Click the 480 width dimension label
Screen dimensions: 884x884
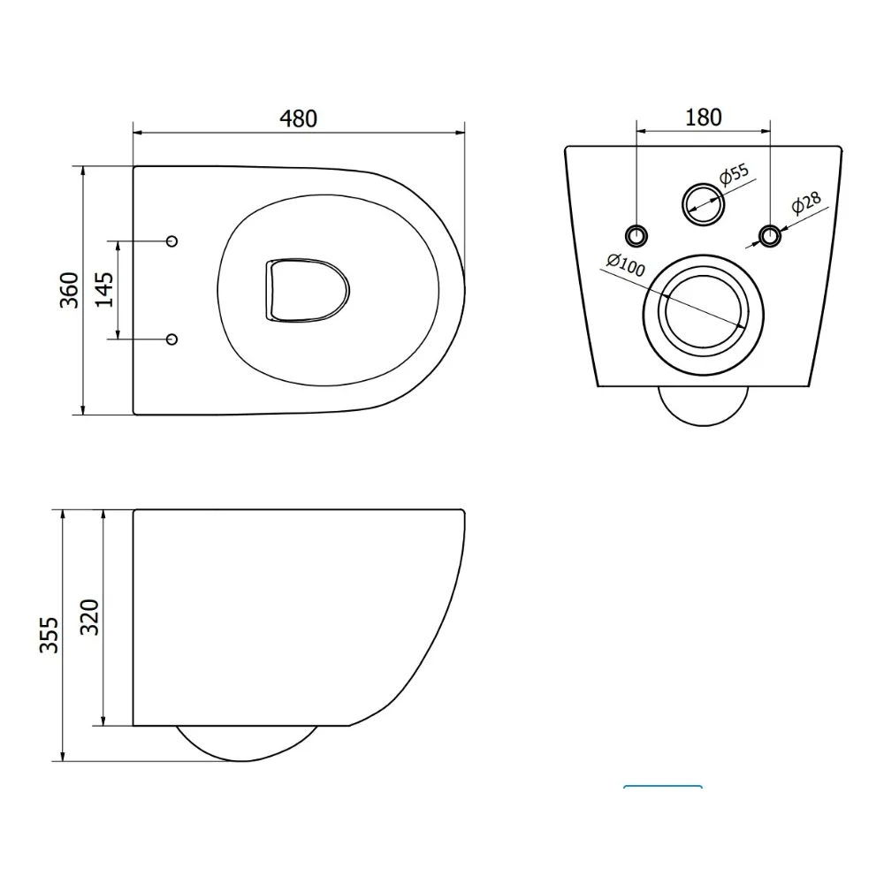point(298,118)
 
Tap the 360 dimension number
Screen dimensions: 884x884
point(69,290)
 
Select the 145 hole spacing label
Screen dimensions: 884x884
point(104,290)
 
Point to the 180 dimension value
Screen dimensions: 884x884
point(703,118)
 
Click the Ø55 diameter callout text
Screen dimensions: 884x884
point(734,174)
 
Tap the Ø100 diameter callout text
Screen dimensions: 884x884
point(626,265)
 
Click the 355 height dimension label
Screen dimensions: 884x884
point(49,635)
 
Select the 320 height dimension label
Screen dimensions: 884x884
point(89,617)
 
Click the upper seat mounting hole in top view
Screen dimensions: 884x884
point(172,241)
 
